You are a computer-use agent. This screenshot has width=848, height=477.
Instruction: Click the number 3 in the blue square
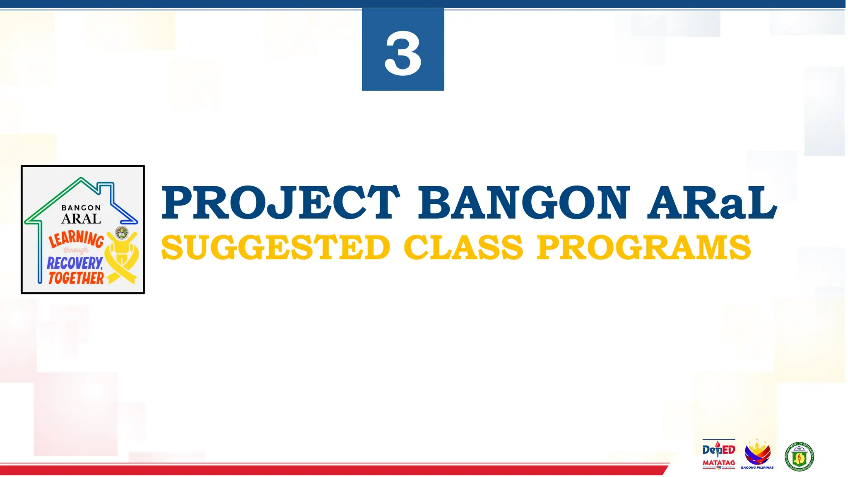tap(403, 53)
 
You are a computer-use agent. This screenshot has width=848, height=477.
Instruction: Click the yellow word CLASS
tap(463, 248)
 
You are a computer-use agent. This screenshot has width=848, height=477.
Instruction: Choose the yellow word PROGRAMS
tap(643, 248)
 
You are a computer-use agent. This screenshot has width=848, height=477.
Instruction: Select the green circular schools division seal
tap(799, 456)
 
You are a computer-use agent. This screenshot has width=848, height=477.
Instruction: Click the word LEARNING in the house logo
tap(76, 239)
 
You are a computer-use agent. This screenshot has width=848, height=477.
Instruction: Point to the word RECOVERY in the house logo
tap(75, 263)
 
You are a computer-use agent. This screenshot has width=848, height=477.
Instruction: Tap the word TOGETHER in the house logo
tap(76, 278)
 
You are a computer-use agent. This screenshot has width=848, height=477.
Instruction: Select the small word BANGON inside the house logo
tap(81, 208)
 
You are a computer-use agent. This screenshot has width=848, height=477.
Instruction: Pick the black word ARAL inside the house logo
tap(81, 219)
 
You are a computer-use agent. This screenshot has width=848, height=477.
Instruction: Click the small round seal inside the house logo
tap(121, 233)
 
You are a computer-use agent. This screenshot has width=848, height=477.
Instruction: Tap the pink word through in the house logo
tap(76, 250)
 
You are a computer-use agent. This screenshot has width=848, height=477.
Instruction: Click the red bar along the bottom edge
tap(331, 470)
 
